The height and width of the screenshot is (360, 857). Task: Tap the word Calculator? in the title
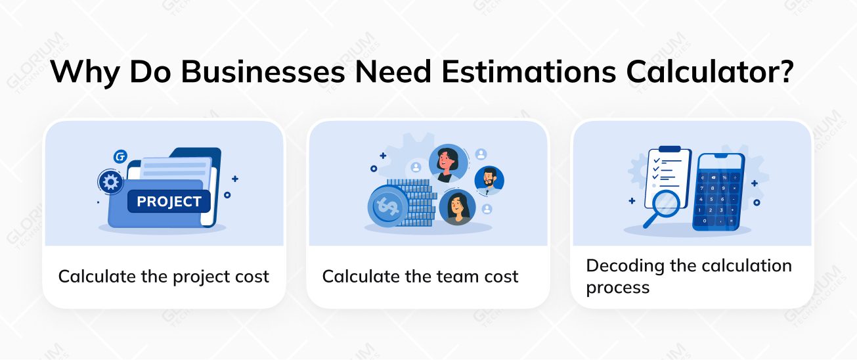[x=708, y=72]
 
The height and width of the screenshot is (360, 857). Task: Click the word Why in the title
[x=84, y=72]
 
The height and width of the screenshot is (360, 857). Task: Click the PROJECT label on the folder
[x=169, y=202]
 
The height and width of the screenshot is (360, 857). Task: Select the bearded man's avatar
[x=489, y=179]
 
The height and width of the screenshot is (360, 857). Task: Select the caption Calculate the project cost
[x=164, y=277]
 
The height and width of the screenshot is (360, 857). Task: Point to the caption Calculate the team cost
[x=420, y=277]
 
